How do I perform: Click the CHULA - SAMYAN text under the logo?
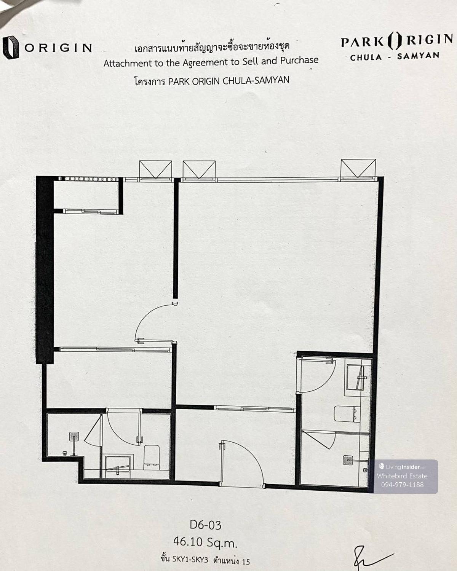pos(395,56)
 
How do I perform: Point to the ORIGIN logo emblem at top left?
pos(10,47)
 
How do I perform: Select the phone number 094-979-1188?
pos(402,485)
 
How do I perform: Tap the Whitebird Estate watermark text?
pos(402,476)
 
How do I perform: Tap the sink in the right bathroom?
pos(358,377)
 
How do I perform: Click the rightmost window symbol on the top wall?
pos(358,169)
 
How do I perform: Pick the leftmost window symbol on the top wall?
pos(156,169)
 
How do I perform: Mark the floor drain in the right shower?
pos(348,460)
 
